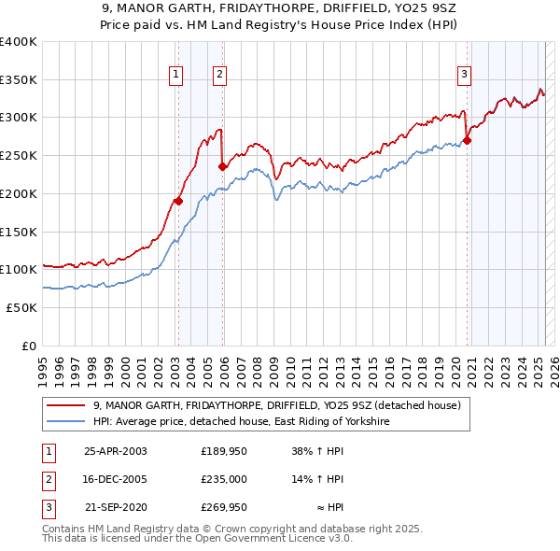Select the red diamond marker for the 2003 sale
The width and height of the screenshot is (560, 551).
177,200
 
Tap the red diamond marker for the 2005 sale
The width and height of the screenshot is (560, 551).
222,166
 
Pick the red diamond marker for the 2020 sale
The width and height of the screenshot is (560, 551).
467,140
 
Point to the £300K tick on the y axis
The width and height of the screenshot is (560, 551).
19,118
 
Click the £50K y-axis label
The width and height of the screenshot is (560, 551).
21,307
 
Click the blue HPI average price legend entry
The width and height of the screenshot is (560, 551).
240,422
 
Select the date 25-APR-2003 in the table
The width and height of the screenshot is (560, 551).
116,451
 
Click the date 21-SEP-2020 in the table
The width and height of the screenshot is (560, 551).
116,509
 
